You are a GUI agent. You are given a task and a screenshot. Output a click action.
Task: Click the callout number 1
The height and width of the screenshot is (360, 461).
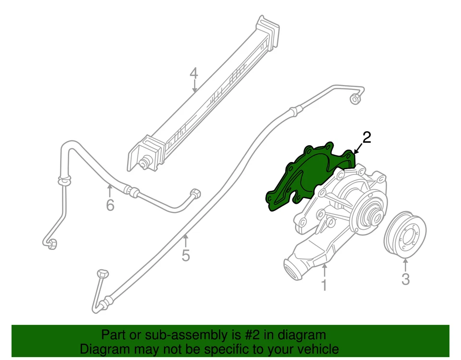tap(324, 285)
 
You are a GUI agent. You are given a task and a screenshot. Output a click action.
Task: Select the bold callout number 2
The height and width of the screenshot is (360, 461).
tap(366, 138)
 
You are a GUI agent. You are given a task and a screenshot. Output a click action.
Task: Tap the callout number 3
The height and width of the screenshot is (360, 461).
tap(405, 279)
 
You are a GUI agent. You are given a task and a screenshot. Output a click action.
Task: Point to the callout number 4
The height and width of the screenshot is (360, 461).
tap(194, 74)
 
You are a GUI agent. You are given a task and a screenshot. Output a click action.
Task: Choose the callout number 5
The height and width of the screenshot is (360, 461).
tap(186, 255)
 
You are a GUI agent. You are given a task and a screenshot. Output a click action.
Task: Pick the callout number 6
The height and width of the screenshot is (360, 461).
tap(110, 205)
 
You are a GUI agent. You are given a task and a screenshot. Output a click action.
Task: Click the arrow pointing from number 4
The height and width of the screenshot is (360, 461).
tap(194, 87)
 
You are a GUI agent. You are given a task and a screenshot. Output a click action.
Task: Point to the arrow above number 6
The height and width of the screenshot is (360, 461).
tap(110, 190)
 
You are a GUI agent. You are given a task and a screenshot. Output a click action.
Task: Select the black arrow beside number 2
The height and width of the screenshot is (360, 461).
tap(357, 148)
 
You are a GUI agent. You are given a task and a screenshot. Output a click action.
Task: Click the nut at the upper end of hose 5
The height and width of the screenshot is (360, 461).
tap(354, 99)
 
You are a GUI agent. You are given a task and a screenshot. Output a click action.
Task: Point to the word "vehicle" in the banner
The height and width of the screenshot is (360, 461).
tap(318, 349)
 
